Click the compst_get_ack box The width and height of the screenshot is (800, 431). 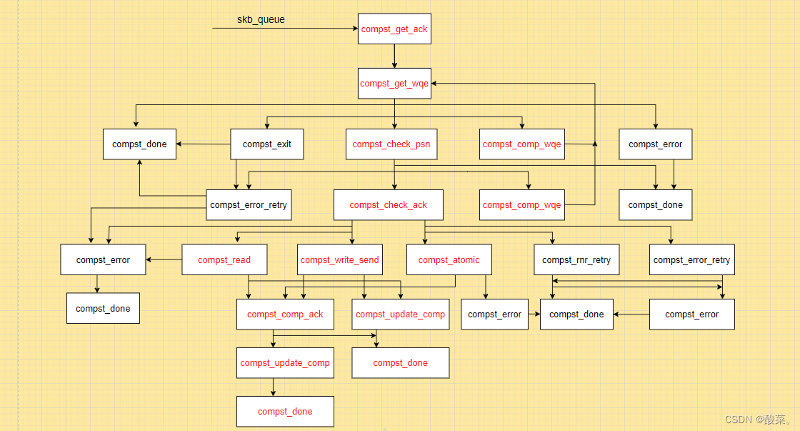point(395,29)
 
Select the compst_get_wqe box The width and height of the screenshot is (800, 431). point(395,84)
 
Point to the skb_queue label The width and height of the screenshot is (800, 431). point(261,19)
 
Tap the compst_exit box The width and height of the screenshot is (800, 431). point(267,144)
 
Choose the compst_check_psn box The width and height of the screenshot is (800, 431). point(391,144)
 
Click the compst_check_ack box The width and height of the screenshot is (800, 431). point(389,205)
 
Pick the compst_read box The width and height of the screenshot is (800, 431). point(224,260)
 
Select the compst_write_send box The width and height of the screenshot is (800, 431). point(340,260)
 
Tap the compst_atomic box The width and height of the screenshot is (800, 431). point(449,260)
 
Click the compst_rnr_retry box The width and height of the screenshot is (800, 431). point(576,260)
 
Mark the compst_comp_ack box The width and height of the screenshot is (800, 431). point(285,314)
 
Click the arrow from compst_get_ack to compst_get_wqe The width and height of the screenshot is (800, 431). point(395,56)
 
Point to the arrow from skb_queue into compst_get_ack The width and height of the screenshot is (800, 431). point(286,29)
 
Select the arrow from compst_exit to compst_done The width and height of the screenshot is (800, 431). point(204,144)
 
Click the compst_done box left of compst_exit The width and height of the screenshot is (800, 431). point(139,144)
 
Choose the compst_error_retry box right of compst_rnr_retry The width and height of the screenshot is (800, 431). point(691,260)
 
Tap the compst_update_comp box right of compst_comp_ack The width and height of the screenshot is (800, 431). point(400,314)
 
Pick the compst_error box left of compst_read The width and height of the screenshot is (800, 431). point(103,260)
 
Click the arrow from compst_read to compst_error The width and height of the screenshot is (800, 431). point(164,259)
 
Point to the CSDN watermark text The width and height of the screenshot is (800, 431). point(758,420)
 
